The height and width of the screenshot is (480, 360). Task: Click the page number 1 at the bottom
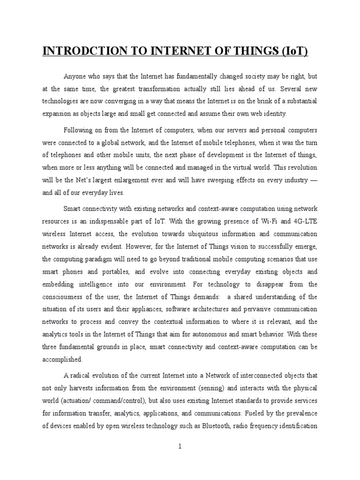coord(180,446)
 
